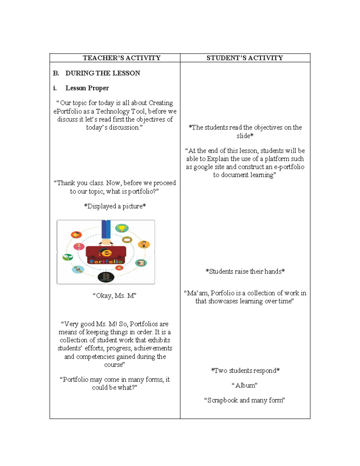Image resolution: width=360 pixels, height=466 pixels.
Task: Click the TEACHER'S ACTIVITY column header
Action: click(x=121, y=58)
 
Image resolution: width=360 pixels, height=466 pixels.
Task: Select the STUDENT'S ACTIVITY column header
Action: click(x=244, y=58)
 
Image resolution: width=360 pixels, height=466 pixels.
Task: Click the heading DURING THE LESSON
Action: click(x=103, y=73)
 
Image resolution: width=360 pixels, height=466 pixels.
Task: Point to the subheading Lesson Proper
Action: click(x=87, y=88)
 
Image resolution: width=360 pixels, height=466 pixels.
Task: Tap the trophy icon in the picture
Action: click(x=122, y=228)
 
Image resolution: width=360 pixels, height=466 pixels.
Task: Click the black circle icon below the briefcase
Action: click(x=106, y=277)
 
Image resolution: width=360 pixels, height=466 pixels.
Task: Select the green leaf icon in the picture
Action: click(x=67, y=257)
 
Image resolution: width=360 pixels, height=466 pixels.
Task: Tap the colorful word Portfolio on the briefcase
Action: click(x=106, y=261)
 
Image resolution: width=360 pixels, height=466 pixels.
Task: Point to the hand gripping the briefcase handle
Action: click(x=106, y=242)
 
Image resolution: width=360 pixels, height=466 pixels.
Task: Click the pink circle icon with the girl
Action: click(x=79, y=246)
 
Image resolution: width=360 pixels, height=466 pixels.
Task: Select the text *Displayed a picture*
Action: click(x=115, y=206)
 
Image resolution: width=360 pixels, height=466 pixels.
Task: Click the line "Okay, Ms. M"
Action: click(x=114, y=296)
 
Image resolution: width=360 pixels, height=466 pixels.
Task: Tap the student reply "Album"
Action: click(x=244, y=386)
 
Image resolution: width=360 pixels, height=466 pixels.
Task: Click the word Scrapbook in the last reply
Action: click(x=222, y=400)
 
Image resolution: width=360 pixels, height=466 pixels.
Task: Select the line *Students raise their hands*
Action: click(x=245, y=272)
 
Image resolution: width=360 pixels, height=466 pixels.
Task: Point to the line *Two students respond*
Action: click(x=245, y=371)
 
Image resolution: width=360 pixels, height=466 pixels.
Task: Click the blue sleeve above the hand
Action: click(x=106, y=229)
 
